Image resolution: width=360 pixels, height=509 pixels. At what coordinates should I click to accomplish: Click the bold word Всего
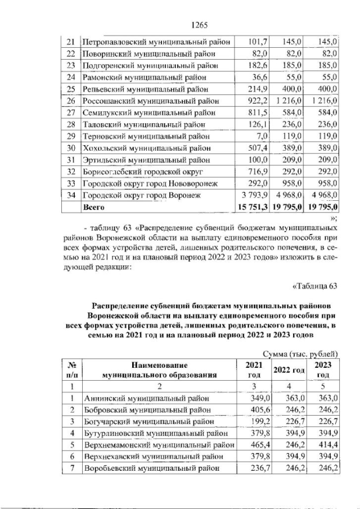[95, 208]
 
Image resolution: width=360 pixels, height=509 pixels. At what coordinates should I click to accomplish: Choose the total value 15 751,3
[251, 208]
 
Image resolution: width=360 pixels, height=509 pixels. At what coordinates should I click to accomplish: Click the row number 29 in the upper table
[70, 137]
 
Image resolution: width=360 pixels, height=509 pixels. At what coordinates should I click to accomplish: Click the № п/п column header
[71, 370]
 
